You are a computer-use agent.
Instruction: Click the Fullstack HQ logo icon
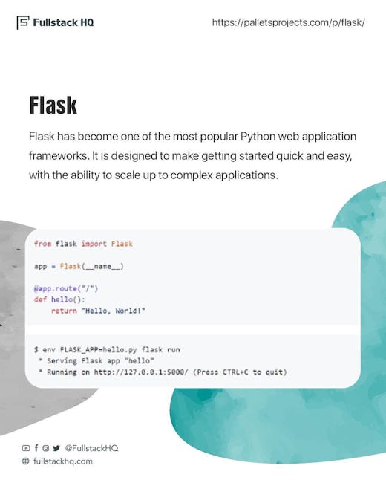click(x=23, y=22)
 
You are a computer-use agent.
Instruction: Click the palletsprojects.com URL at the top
click(x=289, y=22)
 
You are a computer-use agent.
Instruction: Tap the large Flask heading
click(x=53, y=105)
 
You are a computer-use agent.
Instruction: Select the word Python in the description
click(x=258, y=137)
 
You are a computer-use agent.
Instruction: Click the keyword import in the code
click(x=94, y=244)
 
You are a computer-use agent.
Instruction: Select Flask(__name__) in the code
click(x=92, y=266)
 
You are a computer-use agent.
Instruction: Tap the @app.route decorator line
click(x=66, y=288)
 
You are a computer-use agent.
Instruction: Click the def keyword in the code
click(x=40, y=299)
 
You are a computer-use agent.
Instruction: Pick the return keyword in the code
click(x=64, y=311)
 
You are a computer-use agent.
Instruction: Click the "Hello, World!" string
click(x=114, y=311)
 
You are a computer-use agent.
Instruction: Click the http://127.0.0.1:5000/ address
click(x=141, y=372)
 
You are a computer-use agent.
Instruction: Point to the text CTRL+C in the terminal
click(x=235, y=372)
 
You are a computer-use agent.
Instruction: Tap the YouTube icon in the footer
click(x=26, y=448)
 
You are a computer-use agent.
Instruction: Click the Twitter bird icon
click(x=56, y=448)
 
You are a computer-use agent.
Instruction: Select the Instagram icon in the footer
click(x=45, y=448)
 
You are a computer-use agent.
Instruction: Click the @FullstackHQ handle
click(x=91, y=448)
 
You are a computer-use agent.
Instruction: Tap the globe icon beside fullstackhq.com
click(x=26, y=461)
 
